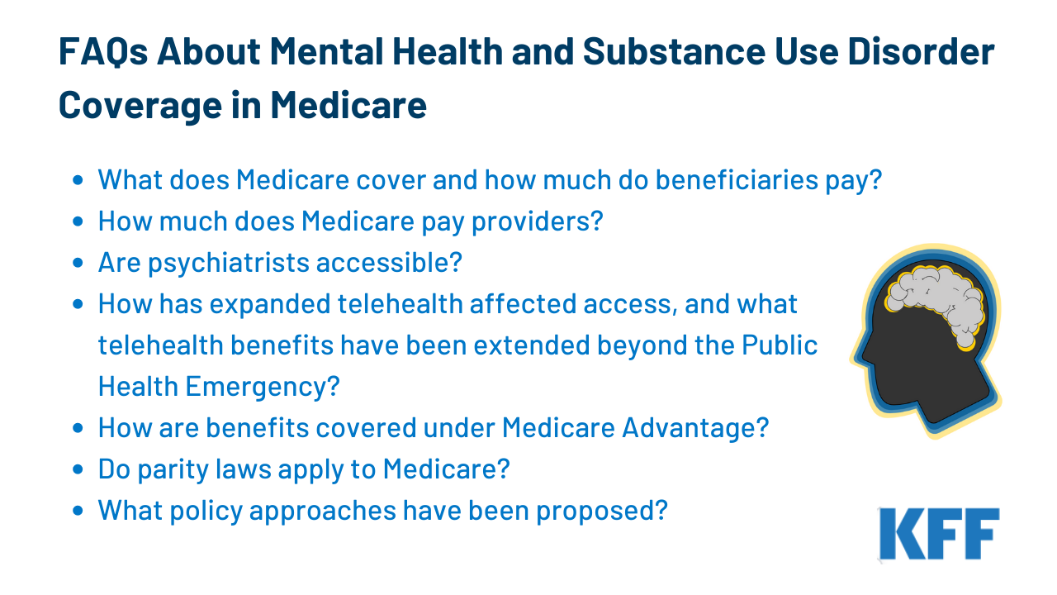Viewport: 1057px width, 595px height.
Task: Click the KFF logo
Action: point(939,534)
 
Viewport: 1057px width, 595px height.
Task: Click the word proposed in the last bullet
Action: point(602,511)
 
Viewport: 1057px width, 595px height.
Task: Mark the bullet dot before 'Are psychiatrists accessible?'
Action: point(78,263)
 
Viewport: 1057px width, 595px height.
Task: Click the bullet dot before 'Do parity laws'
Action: point(78,469)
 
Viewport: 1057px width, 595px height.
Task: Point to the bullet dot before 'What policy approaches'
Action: point(78,511)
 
